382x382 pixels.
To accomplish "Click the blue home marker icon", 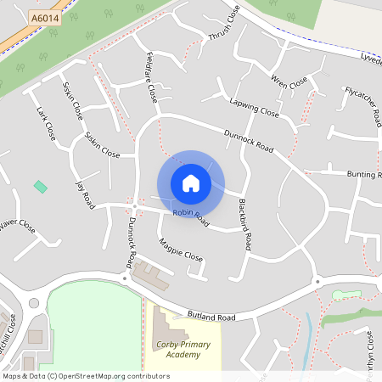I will [x=191, y=183].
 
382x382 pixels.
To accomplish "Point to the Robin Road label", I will [x=190, y=216].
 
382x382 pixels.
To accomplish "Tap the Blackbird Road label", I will [x=244, y=224].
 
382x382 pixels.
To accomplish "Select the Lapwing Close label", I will [x=254, y=107].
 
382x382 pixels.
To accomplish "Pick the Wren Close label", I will [x=288, y=81].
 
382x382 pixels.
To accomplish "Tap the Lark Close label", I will [x=46, y=124].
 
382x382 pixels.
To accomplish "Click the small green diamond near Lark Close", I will [x=40, y=186].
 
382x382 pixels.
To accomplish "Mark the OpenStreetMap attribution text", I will [x=87, y=375].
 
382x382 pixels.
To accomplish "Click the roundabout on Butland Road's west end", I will [x=34, y=303].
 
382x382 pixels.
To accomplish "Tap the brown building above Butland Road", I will [x=149, y=274].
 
